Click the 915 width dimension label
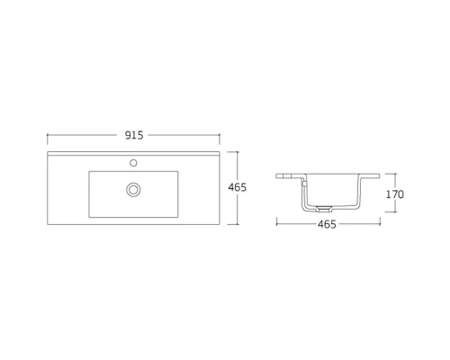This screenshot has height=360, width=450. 135,135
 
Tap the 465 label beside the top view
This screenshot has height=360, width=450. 238,188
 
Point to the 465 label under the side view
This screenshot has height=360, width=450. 327,224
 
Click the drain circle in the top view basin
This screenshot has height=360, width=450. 135,189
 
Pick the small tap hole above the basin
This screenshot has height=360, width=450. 133,164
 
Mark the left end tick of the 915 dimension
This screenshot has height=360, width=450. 48,135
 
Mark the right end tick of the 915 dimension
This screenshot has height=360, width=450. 221,135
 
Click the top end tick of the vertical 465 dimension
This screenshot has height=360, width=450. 238,153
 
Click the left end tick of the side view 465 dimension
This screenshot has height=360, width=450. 277,224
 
